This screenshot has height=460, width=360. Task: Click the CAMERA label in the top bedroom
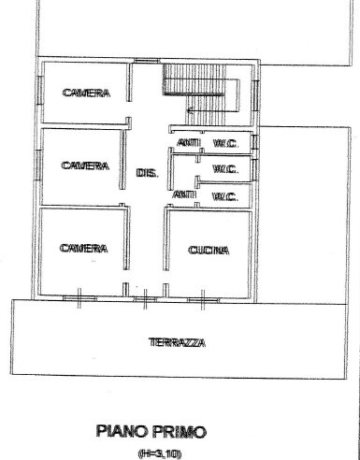(x=86, y=93)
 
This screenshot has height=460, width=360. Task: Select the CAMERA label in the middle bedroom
(x=85, y=165)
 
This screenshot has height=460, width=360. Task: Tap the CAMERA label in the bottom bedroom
(x=83, y=249)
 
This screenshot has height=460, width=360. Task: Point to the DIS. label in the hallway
(x=148, y=173)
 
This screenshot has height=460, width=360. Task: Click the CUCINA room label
(x=209, y=251)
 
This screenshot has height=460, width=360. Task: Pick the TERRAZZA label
(x=177, y=343)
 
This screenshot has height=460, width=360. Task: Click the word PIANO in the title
(x=123, y=432)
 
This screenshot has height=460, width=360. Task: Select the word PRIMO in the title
(x=180, y=432)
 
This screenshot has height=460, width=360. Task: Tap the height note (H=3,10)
(x=159, y=453)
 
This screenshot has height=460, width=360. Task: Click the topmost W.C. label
(x=226, y=143)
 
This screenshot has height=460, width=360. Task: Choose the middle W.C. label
(x=225, y=169)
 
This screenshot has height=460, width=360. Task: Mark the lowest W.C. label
(x=225, y=196)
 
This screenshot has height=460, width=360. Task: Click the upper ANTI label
(x=189, y=143)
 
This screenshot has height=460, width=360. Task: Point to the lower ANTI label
(x=184, y=194)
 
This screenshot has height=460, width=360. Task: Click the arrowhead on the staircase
(x=189, y=109)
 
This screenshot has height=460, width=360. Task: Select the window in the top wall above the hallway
(x=147, y=61)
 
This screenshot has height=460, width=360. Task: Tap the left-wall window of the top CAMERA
(x=39, y=91)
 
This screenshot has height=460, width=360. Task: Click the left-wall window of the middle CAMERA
(x=38, y=165)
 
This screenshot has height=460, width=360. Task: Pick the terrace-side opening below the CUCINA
(x=203, y=300)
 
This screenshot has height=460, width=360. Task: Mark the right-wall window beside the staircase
(x=255, y=95)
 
